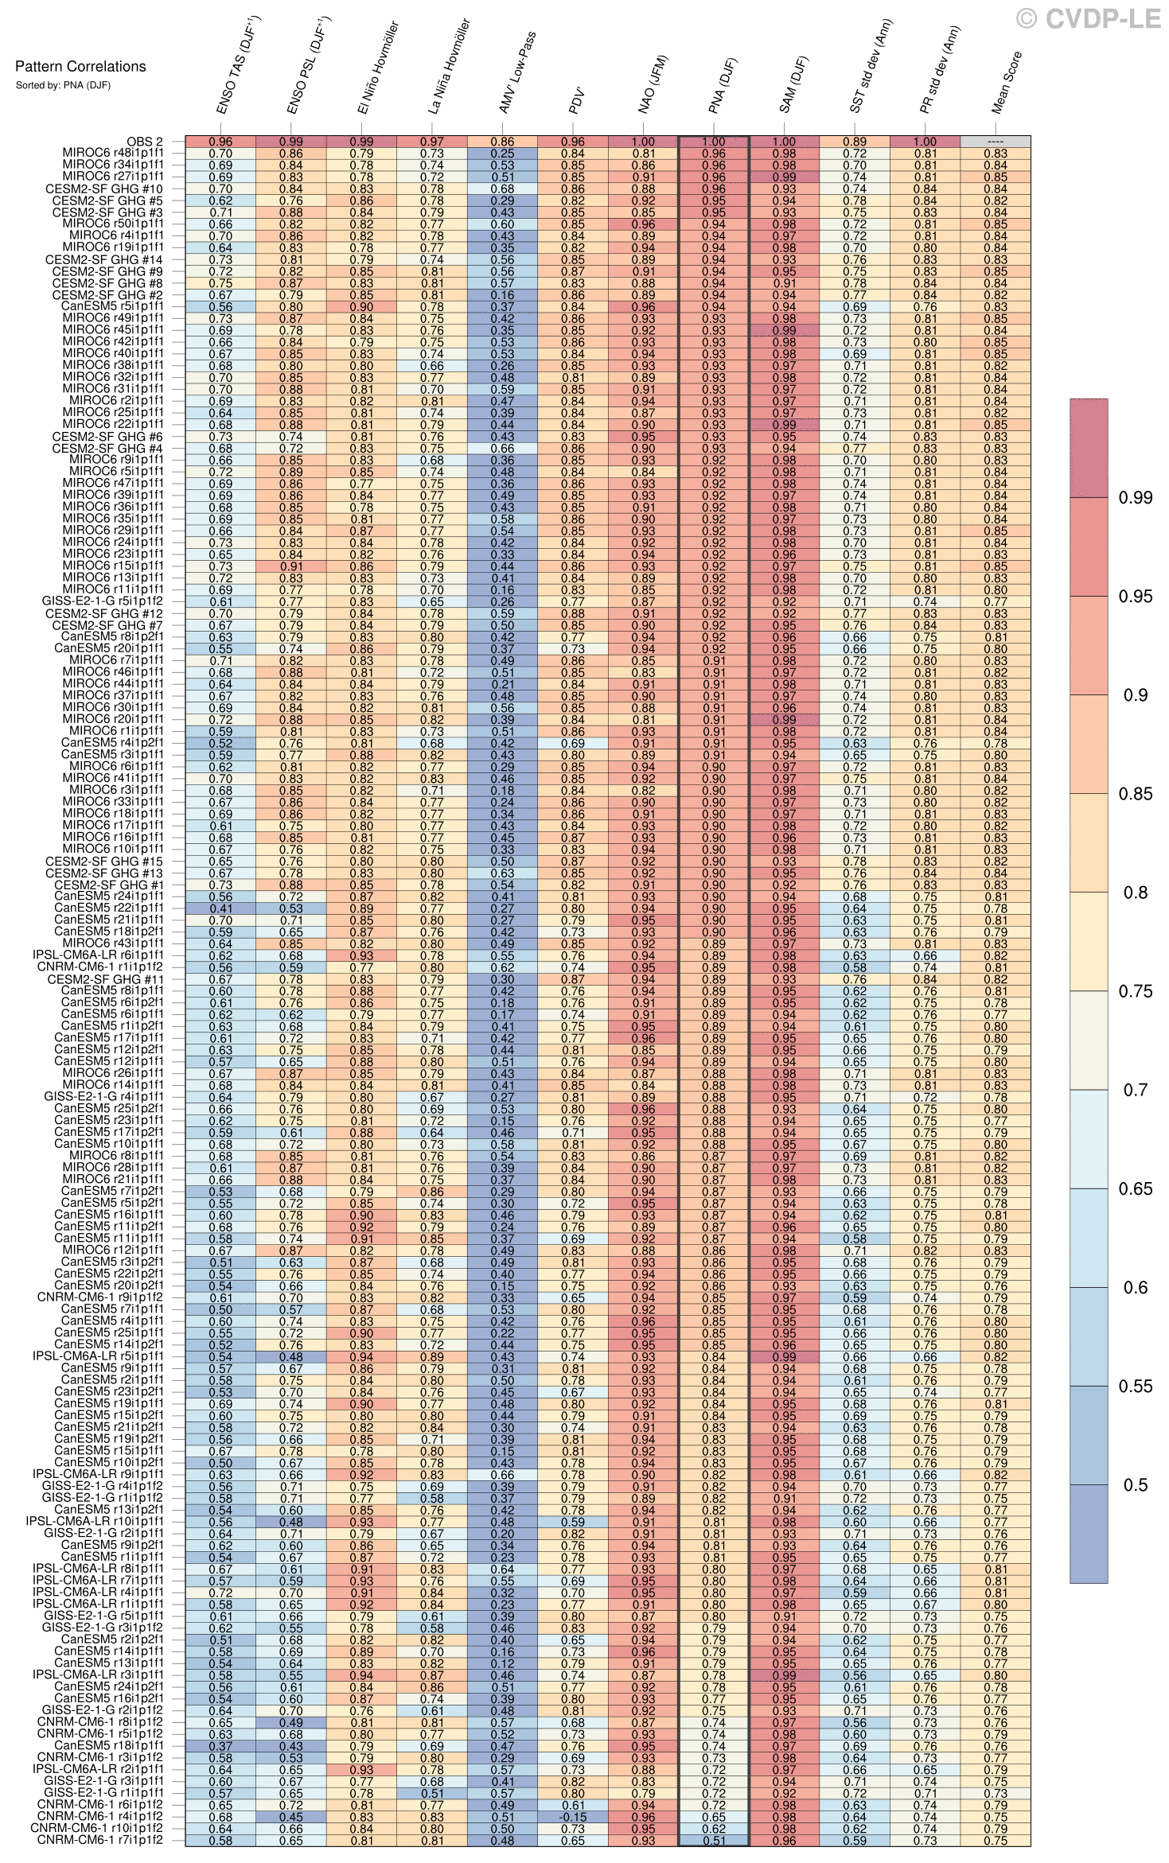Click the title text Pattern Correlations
click(x=80, y=66)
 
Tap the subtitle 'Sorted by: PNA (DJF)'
click(x=63, y=85)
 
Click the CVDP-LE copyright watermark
click(x=1089, y=18)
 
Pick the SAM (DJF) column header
click(x=795, y=86)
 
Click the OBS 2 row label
click(x=144, y=142)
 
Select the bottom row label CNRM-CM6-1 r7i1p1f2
click(x=99, y=1840)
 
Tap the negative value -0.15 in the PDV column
click(x=573, y=1817)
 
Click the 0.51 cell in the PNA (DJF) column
click(x=714, y=1840)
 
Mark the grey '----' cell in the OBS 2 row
click(x=995, y=142)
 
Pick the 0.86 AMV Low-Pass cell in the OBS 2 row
click(x=502, y=142)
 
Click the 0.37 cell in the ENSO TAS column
click(x=220, y=1746)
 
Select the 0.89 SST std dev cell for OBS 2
click(x=854, y=142)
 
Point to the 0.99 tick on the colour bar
click(x=1135, y=498)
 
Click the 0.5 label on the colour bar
click(x=1135, y=1485)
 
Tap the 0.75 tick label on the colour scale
click(x=1135, y=991)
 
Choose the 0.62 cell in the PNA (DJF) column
click(x=714, y=1829)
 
